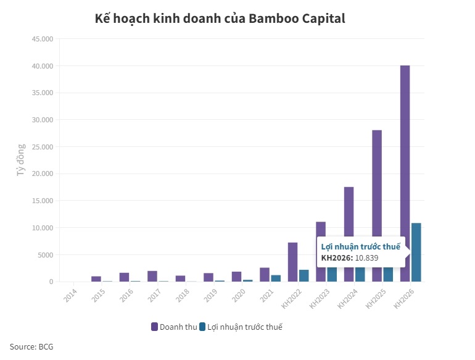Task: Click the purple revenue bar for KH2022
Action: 292,262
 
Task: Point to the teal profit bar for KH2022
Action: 304,275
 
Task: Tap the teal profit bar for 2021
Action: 276,278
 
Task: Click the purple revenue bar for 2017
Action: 152,276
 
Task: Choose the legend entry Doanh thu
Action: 173,326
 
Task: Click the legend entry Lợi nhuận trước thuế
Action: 244,326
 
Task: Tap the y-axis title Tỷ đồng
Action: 20,160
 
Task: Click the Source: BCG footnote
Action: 31,346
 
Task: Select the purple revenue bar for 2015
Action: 96,278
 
